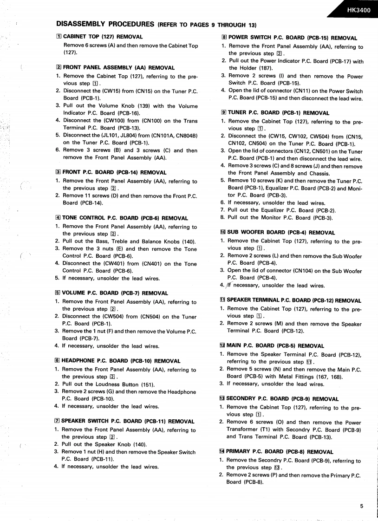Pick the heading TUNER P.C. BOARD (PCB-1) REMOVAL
pos(279,113)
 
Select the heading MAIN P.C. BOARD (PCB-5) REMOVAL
pos(275,345)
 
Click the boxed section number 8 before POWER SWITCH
pos(224,38)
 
